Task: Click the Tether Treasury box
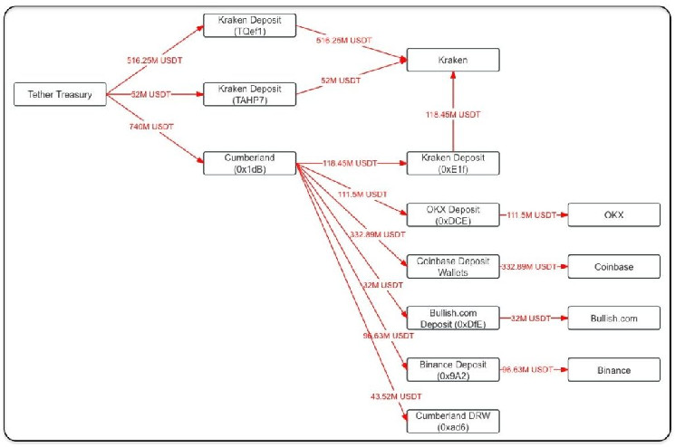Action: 61,93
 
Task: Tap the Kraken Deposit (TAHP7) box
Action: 249,93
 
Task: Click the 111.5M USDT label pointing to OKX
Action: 532,214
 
